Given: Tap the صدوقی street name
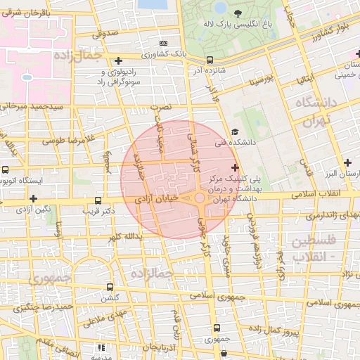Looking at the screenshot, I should tap(103, 33).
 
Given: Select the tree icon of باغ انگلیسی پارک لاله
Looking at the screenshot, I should tap(237, 13).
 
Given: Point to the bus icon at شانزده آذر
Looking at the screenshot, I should tap(210, 60).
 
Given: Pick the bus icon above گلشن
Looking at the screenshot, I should tap(109, 287).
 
